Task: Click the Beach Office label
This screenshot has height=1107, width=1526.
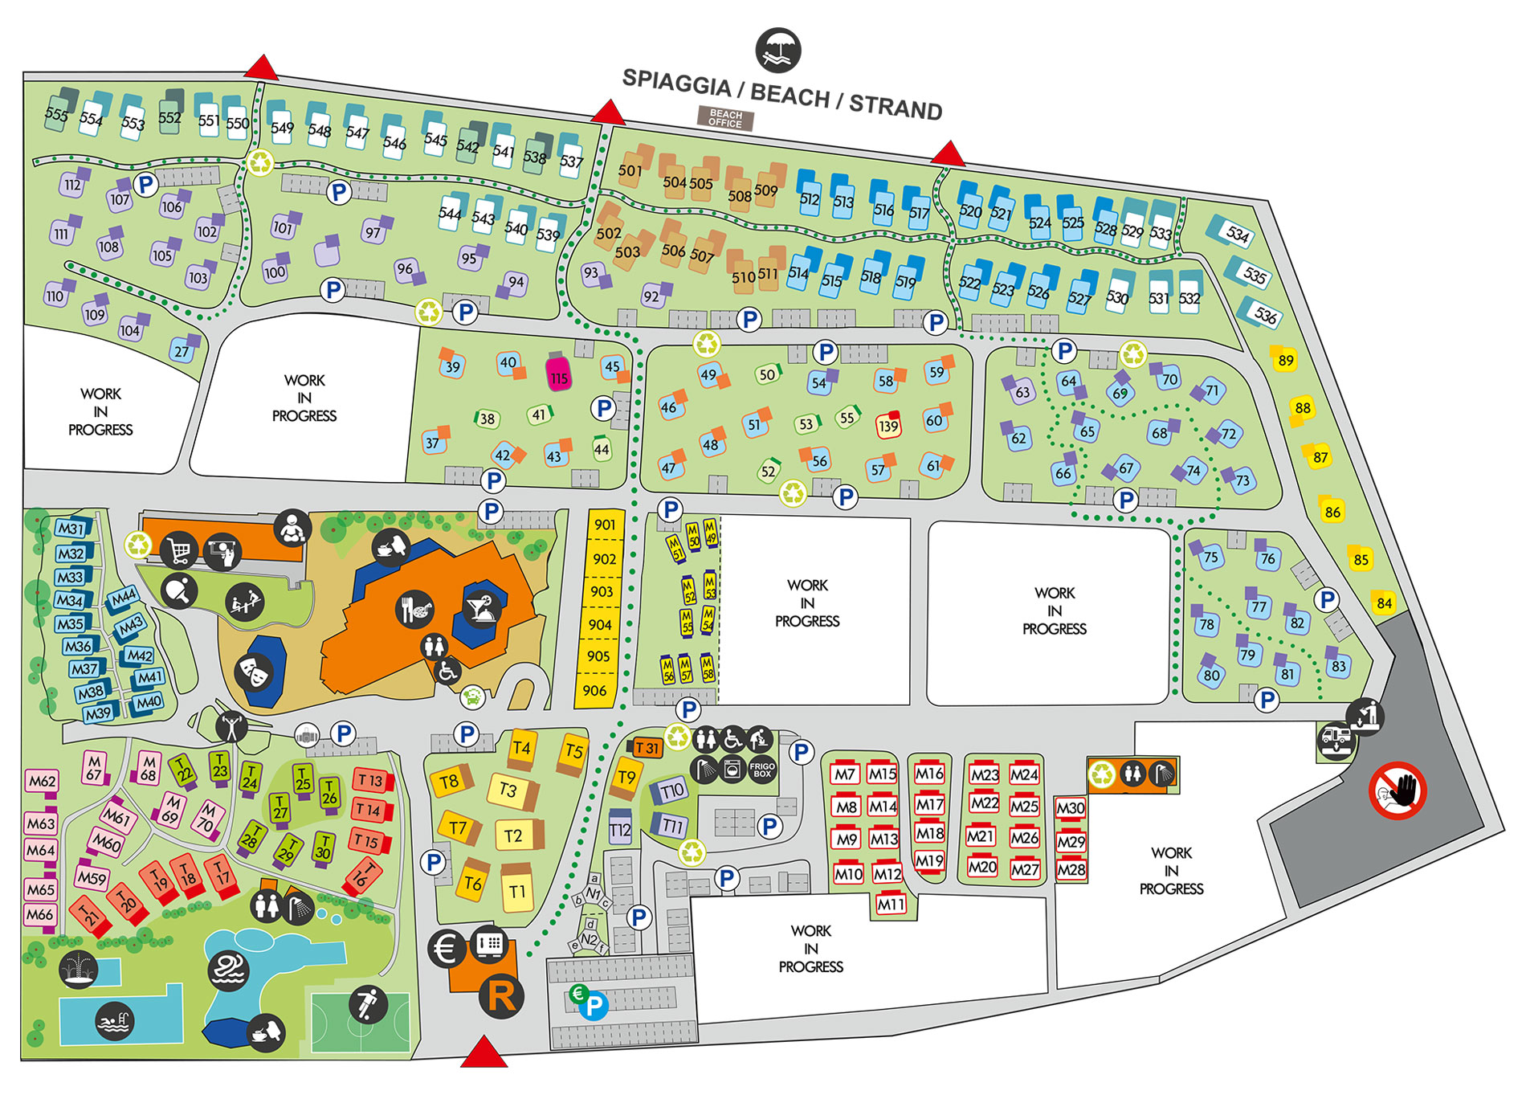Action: pos(725,119)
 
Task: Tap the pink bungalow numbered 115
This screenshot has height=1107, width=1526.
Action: pos(559,375)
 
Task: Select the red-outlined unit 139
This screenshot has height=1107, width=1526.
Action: pos(888,425)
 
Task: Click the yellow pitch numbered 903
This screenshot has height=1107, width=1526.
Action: pos(602,592)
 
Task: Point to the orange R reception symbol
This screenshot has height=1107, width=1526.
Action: pos(501,996)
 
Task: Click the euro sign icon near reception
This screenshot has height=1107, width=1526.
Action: pos(447,950)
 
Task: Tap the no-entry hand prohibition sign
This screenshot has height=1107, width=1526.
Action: pos(1397,790)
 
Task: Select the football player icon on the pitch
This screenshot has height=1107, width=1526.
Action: pos(368,1004)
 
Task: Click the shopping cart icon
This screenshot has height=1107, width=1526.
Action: pos(179,551)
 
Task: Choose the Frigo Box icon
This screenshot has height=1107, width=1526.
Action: pos(762,770)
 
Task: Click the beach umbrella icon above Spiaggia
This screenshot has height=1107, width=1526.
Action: pos(778,50)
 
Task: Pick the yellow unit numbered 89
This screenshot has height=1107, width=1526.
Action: pos(1285,359)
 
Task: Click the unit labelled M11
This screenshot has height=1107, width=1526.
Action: pos(891,905)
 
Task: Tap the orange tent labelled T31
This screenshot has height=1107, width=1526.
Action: pos(645,748)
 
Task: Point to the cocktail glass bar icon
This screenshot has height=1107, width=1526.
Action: pos(482,609)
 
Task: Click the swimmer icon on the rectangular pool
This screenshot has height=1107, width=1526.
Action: pos(114,1022)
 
